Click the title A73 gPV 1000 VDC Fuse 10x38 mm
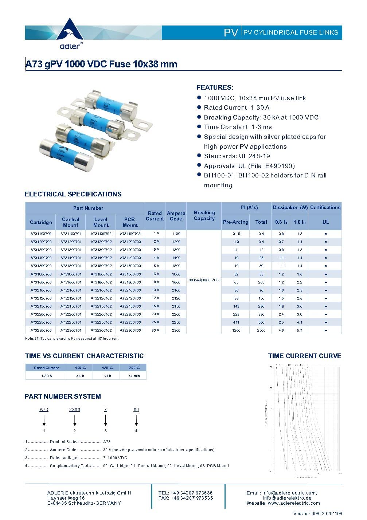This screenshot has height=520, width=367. pyautogui.click(x=101, y=64)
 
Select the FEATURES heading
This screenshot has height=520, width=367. pyautogui.click(x=214, y=87)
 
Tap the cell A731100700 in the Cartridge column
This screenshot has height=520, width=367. pyautogui.click(x=41, y=234)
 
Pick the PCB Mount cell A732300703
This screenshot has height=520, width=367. pyautogui.click(x=130, y=330)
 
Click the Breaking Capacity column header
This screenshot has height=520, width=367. pyautogui.click(x=204, y=216)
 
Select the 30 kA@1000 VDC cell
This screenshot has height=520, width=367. pyautogui.click(x=204, y=280)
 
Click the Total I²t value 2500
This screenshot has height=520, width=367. pyautogui.click(x=261, y=330)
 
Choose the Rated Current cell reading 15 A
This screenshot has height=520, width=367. pyautogui.click(x=155, y=306)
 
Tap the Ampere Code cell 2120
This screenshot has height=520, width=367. pyautogui.click(x=176, y=298)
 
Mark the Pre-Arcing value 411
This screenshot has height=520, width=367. pyautogui.click(x=236, y=322)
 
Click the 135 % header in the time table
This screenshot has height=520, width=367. pyautogui.click(x=107, y=368)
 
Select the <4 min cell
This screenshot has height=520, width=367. pyautogui.click(x=134, y=376)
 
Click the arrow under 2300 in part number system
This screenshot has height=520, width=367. pyautogui.click(x=75, y=421)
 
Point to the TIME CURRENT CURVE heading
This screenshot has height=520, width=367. pyautogui.click(x=305, y=356)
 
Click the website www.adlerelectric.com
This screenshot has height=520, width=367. pyautogui.click(x=293, y=503)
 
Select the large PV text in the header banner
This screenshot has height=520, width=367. pyautogui.click(x=231, y=33)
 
